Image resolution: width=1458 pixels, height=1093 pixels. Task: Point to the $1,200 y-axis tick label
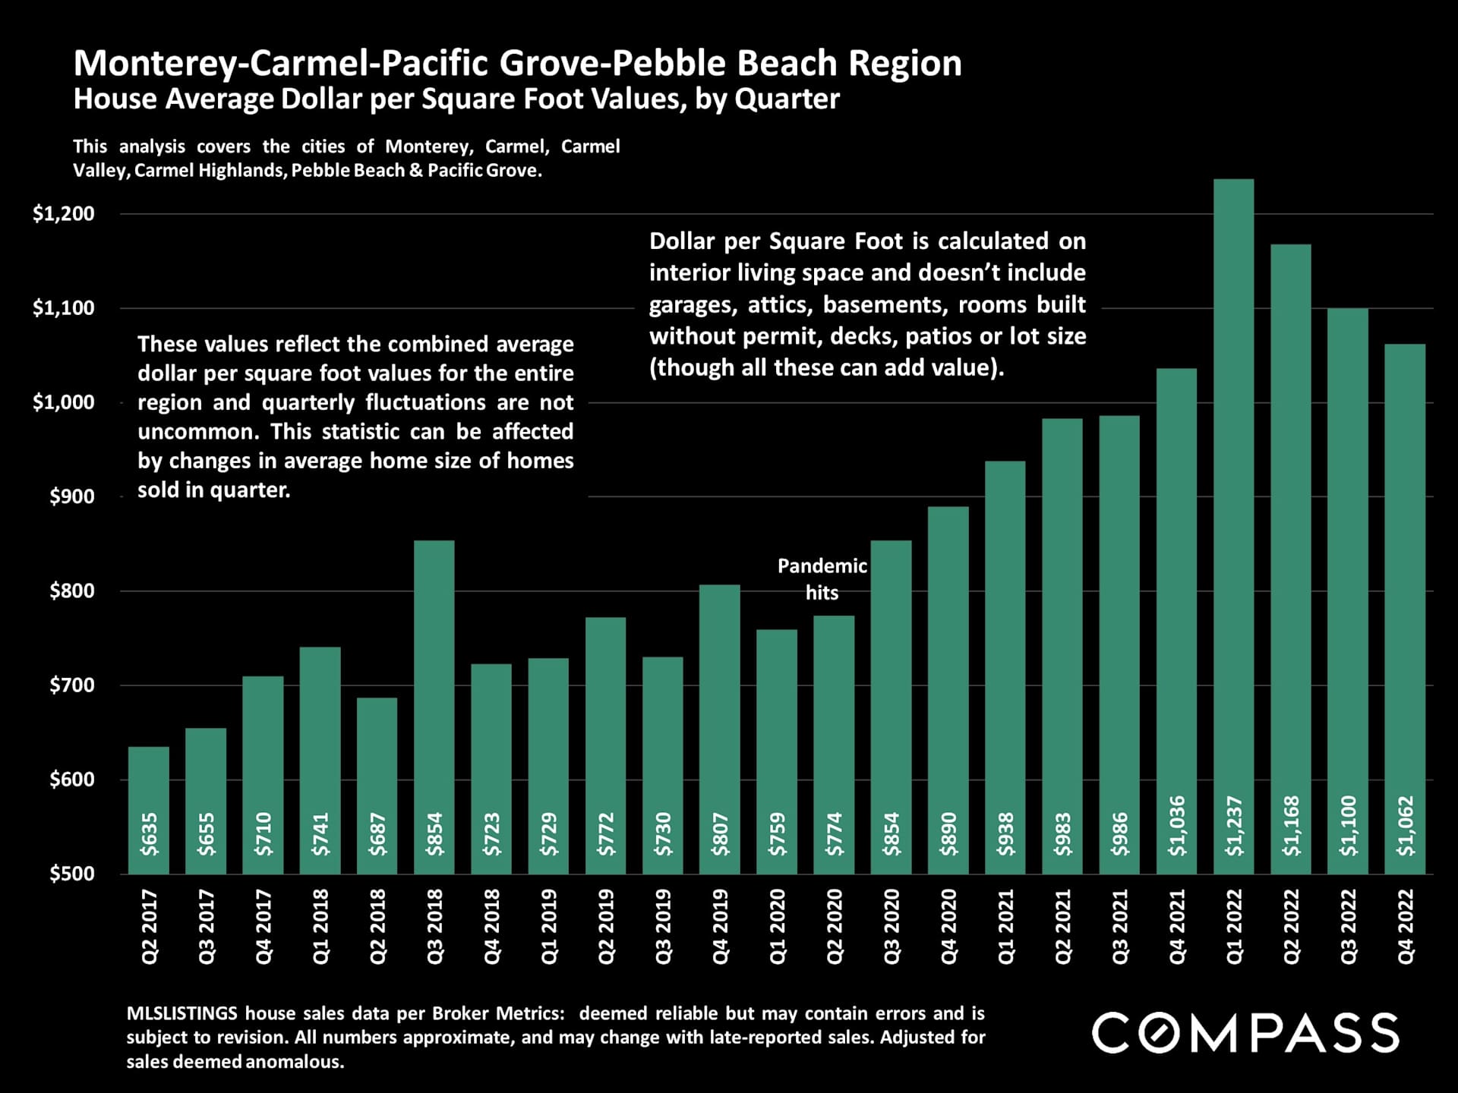pos(64,213)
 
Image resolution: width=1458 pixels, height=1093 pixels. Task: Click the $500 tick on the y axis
pos(72,874)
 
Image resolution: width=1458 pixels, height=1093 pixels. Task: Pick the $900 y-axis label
pos(72,496)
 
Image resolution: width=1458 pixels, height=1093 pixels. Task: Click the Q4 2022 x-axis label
pos(1406,927)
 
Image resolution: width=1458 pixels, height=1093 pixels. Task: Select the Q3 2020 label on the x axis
pos(892,927)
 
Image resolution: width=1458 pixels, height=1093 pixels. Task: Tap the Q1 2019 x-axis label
pos(549,927)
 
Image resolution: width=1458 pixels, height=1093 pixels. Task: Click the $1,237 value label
pos(1235,826)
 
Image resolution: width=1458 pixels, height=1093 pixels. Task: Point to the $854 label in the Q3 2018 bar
pos(434,834)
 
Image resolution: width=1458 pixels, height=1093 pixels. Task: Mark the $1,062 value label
pos(1406,826)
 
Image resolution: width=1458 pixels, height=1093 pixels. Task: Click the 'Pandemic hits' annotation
pos(822,579)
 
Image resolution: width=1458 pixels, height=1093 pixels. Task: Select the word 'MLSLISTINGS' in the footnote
pos(181,1013)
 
